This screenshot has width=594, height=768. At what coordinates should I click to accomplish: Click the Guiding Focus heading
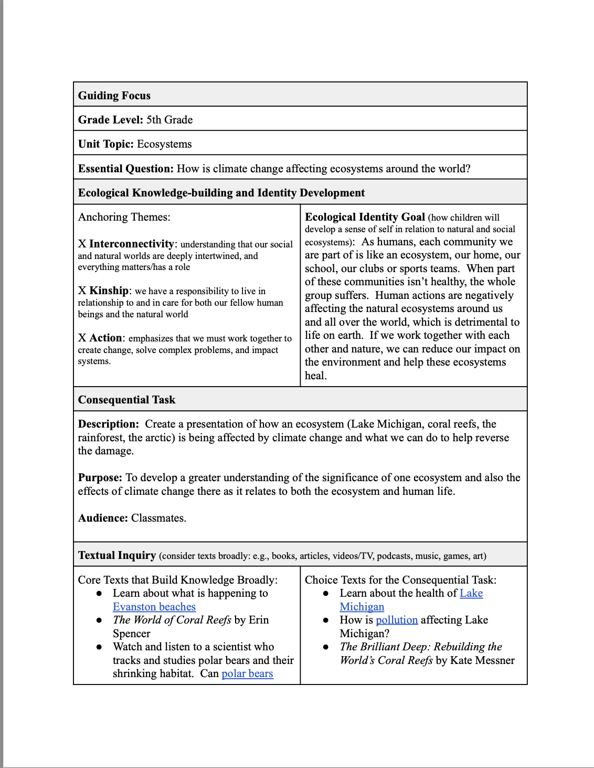(x=114, y=96)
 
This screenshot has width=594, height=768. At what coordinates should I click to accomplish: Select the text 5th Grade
(x=169, y=120)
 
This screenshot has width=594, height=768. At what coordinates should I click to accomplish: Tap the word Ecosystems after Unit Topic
(x=164, y=144)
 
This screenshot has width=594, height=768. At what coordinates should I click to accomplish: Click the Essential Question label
(x=125, y=169)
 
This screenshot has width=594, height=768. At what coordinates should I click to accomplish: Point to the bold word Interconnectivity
(x=131, y=244)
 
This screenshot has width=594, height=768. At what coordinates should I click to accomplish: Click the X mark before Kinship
(x=82, y=291)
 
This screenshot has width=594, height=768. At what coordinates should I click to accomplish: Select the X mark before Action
(x=82, y=338)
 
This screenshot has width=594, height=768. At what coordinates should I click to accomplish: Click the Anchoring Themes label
(x=124, y=217)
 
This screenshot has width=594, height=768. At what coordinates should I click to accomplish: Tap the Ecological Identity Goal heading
(x=365, y=217)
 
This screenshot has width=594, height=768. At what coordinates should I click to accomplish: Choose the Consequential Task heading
(x=126, y=400)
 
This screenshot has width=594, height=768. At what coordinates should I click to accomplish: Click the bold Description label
(x=108, y=424)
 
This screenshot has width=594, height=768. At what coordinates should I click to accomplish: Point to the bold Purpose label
(x=100, y=478)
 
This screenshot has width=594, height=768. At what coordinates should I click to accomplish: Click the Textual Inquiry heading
(x=116, y=555)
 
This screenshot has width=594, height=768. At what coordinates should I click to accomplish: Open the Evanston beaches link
(x=154, y=607)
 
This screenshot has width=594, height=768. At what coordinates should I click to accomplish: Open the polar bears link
(x=247, y=673)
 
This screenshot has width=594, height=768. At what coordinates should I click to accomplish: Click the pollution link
(x=397, y=620)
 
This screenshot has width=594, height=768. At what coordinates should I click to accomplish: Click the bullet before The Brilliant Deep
(x=326, y=647)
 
